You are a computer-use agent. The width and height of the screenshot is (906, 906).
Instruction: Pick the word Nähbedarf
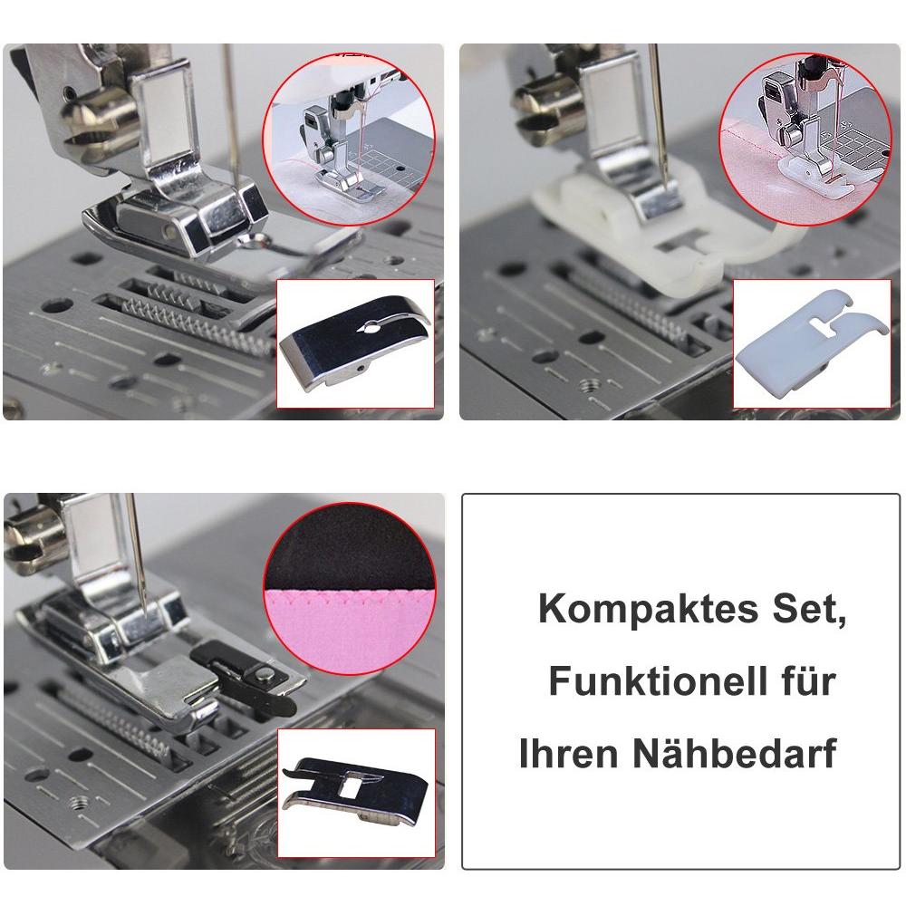pyautogui.click(x=735, y=753)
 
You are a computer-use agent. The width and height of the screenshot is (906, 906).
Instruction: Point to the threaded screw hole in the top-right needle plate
pyautogui.click(x=591, y=385)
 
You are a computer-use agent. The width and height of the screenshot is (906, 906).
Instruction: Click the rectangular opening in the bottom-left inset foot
pyautogui.click(x=350, y=787)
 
